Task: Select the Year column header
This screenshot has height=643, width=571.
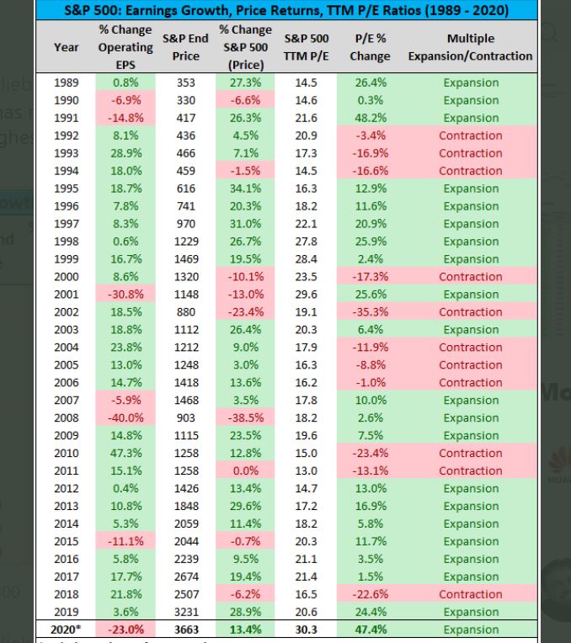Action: click(67, 47)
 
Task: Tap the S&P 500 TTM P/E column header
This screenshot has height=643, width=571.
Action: click(307, 47)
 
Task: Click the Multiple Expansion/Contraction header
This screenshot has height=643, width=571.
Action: click(471, 47)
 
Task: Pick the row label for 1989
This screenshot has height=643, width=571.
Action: click(67, 82)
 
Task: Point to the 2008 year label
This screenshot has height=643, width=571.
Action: click(67, 418)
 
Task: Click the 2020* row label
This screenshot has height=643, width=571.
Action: click(67, 630)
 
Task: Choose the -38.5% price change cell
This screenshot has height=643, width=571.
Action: click(246, 418)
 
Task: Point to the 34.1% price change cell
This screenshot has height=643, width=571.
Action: click(246, 189)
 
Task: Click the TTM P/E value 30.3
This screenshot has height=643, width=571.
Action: click(307, 630)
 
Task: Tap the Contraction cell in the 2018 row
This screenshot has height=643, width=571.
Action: click(471, 595)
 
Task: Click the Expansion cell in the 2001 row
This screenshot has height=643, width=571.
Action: click(471, 295)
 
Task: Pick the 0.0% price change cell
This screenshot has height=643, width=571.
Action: click(246, 471)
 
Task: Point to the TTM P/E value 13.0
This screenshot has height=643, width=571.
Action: click(307, 471)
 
